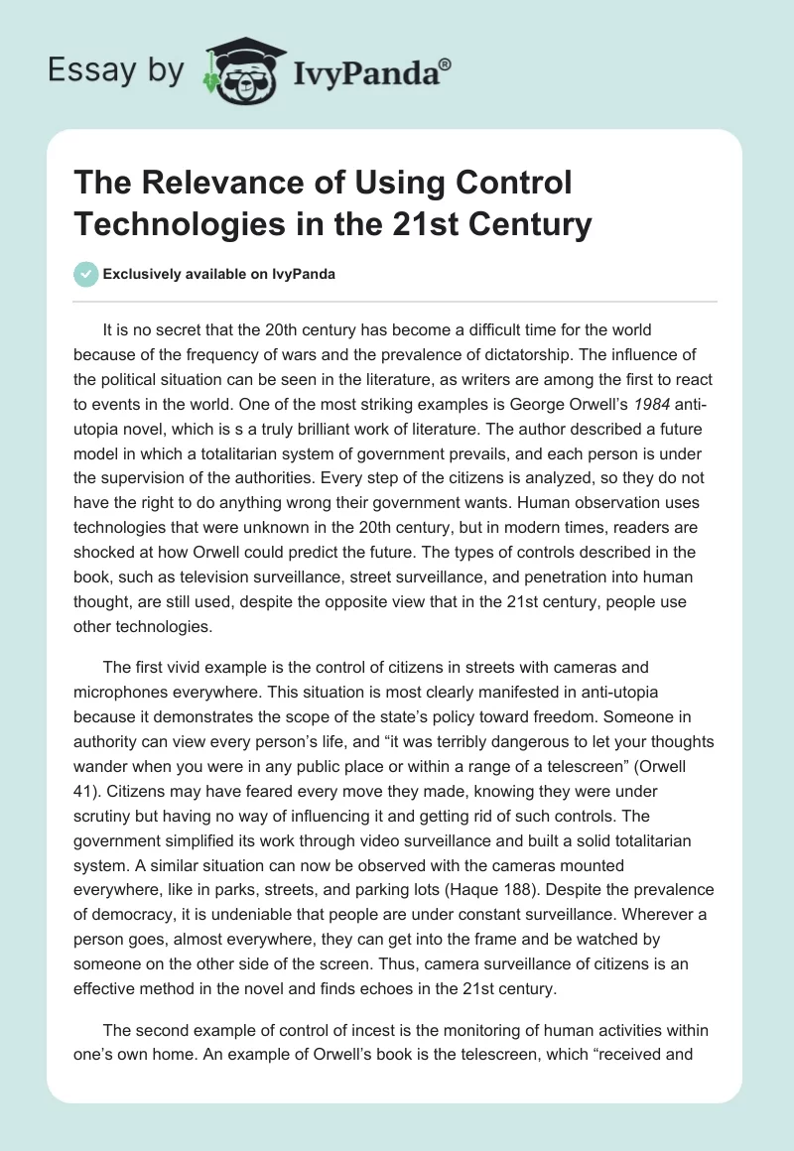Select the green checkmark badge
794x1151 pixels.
coord(85,274)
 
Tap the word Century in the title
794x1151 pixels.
coord(530,223)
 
